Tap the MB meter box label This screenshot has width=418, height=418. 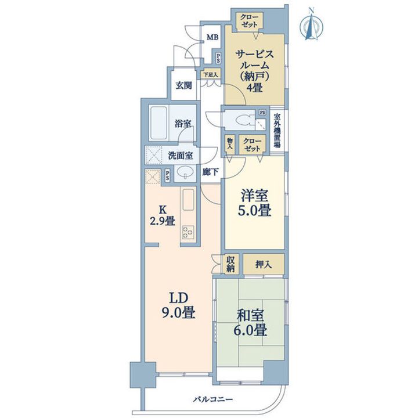(x=212, y=38)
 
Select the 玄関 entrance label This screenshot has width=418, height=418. (x=183, y=85)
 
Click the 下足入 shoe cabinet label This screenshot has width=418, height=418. (x=211, y=75)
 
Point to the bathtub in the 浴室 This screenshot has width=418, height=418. (x=158, y=123)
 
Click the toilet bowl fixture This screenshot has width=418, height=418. (x=245, y=120)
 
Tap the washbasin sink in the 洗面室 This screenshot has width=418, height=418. (x=184, y=172)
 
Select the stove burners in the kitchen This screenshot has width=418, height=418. (x=188, y=232)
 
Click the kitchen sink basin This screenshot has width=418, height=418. (x=188, y=199)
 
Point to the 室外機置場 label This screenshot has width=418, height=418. (x=278, y=131)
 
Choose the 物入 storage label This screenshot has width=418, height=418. (x=229, y=144)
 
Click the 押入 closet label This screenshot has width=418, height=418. (x=264, y=265)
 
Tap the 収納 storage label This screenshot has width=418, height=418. (x=230, y=265)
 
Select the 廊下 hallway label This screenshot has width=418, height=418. (x=210, y=172)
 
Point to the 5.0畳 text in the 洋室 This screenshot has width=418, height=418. (x=255, y=210)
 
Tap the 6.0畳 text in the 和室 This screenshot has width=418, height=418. (x=250, y=330)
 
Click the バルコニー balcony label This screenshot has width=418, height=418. (x=213, y=399)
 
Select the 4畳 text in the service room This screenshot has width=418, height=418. (x=254, y=87)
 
